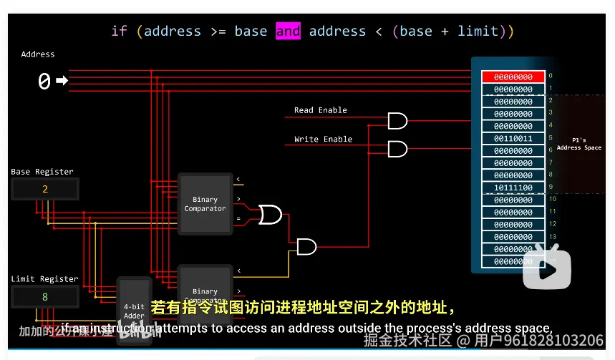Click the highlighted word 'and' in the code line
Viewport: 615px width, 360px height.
288,31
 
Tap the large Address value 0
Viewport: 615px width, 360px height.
44,82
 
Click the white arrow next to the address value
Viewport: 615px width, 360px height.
62,81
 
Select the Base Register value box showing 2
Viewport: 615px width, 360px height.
44,189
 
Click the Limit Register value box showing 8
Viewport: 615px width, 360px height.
44,296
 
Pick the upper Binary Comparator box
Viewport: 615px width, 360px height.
205,204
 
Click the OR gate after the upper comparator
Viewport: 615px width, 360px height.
270,214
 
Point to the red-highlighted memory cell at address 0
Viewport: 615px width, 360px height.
513,77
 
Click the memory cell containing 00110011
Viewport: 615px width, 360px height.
513,139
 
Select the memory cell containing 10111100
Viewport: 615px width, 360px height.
513,188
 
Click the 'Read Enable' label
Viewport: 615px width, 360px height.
320,110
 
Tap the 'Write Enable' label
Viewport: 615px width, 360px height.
323,139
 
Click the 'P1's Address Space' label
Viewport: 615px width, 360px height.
578,144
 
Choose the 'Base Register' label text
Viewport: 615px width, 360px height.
42,172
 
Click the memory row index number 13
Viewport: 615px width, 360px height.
552,236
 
